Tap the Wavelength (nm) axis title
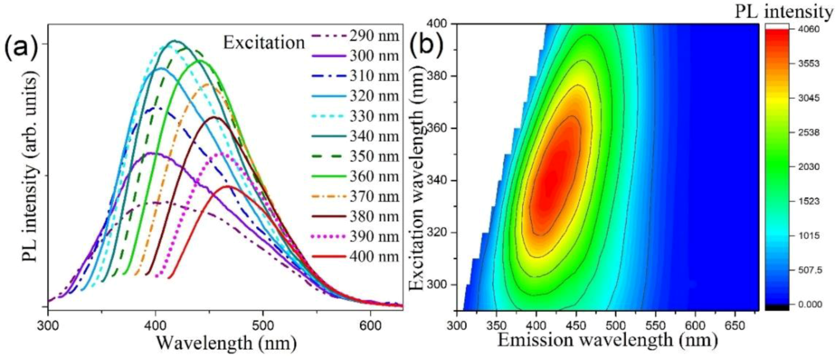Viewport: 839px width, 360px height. [226, 343]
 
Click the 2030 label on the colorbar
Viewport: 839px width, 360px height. [809, 167]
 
